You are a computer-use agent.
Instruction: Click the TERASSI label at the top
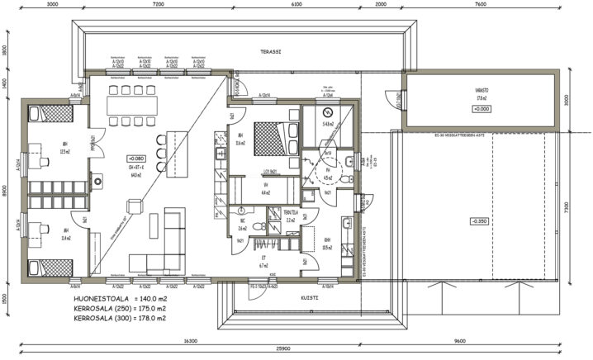[270, 51]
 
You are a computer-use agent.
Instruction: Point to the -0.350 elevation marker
[479, 220]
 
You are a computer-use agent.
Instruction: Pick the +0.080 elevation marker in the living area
[135, 157]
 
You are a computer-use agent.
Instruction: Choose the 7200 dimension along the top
[159, 4]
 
